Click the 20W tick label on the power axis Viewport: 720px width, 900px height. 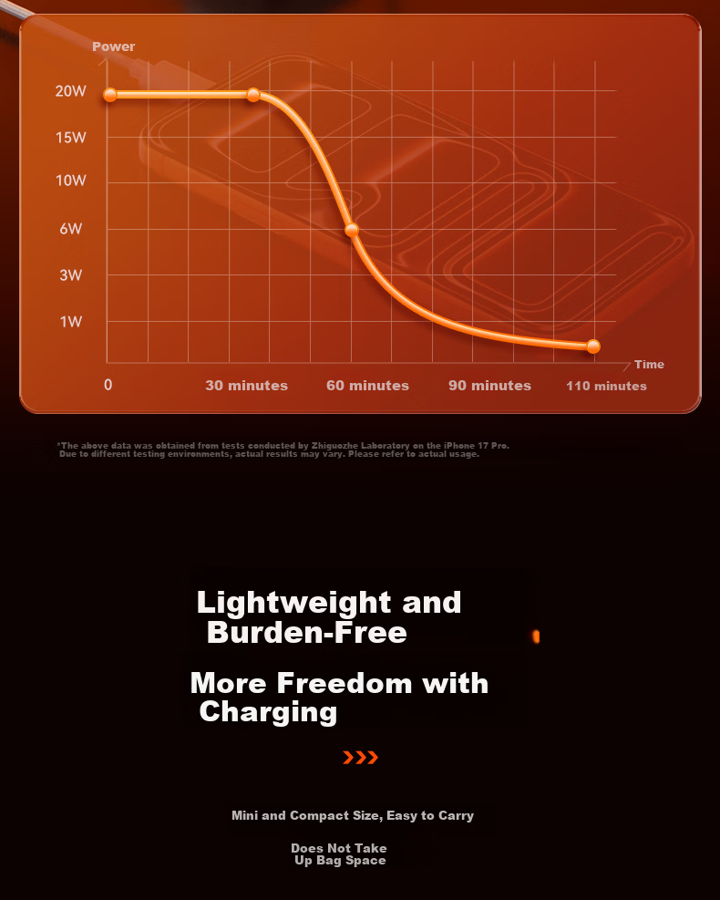tap(70, 90)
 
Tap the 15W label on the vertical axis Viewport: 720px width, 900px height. tap(70, 137)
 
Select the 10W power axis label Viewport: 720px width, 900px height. tap(70, 181)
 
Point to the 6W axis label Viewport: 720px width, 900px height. tap(70, 229)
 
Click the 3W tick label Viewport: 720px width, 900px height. tap(70, 275)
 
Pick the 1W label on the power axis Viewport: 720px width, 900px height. tap(70, 321)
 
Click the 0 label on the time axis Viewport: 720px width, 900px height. tap(108, 385)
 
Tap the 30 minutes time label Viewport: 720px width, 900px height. tap(247, 385)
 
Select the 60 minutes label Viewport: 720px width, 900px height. tap(367, 385)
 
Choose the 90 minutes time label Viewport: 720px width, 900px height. tap(490, 385)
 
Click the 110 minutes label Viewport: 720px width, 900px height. tap(606, 386)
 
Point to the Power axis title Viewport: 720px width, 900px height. tap(114, 47)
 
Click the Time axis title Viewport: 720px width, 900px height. tap(650, 365)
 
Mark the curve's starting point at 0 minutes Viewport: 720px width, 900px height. tap(110, 95)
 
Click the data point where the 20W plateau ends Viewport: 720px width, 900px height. tap(253, 95)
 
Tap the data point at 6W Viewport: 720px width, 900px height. tap(352, 230)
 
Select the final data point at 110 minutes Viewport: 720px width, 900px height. tap(593, 347)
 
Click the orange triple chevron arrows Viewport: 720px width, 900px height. tap(360, 758)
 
